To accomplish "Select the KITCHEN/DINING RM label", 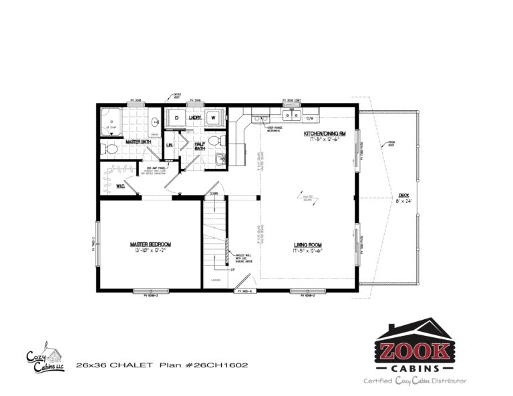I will (x=324, y=134).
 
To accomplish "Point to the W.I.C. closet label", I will (x=122, y=186).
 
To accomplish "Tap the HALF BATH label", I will (x=199, y=146).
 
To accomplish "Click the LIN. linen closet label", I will (x=170, y=144).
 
